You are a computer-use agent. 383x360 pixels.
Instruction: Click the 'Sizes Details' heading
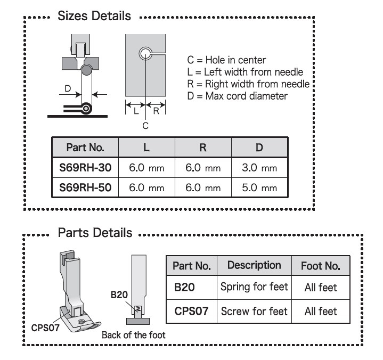point(94,16)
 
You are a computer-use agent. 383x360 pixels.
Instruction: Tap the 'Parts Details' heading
point(95,233)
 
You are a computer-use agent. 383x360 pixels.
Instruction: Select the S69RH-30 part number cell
point(85,168)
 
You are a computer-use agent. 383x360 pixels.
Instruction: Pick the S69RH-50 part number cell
point(85,187)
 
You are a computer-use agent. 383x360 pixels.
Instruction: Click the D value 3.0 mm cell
point(259,168)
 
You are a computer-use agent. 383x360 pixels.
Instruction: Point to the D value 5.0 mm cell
point(259,188)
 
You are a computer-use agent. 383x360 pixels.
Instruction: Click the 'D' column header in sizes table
point(259,148)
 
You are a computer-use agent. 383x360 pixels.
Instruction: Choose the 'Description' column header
point(254,266)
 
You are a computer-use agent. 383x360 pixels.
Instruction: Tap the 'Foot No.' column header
point(321,266)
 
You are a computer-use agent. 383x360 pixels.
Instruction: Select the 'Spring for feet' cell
point(254,287)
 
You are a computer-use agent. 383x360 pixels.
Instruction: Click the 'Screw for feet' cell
point(254,312)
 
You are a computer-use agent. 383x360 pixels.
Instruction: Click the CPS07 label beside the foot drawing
point(45,328)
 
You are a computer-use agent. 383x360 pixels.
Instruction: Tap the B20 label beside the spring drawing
point(119,295)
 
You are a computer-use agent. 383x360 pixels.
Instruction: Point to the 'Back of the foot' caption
point(134,335)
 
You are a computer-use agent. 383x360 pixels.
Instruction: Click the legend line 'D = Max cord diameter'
point(237,96)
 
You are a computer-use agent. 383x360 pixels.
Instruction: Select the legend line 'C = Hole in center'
point(226,60)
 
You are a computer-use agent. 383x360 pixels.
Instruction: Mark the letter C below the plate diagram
point(145,126)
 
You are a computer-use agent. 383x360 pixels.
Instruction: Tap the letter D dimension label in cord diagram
point(68,88)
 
